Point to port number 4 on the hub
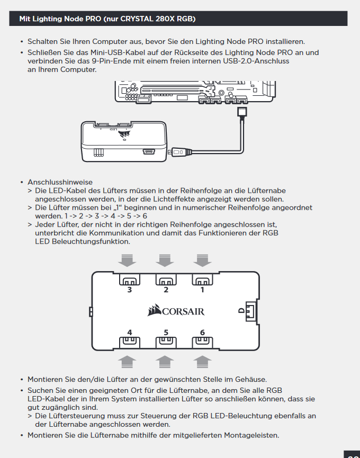coord(130,342)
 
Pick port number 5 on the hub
coord(166,342)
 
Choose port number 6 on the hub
coord(202,342)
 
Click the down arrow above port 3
coord(128,260)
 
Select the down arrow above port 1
coord(202,260)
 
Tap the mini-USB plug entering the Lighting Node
coord(176,152)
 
